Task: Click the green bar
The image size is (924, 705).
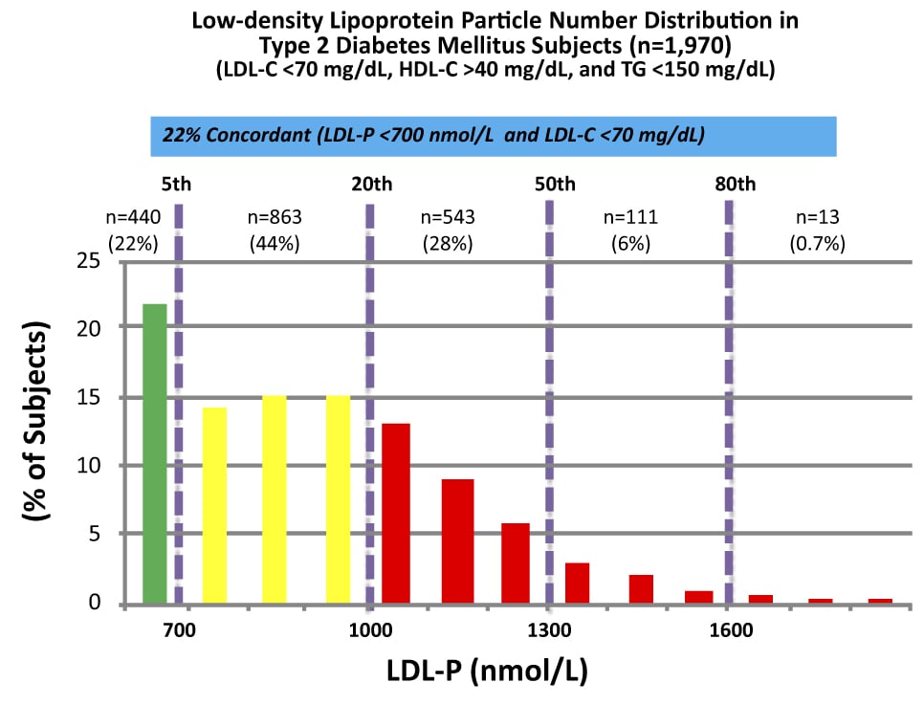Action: pyautogui.click(x=155, y=454)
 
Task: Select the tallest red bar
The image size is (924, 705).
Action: pyautogui.click(x=396, y=514)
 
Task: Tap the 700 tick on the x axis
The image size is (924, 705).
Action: pyautogui.click(x=179, y=631)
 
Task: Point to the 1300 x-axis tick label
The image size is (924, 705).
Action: pyautogui.click(x=548, y=631)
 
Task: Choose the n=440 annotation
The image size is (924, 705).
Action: pyautogui.click(x=132, y=218)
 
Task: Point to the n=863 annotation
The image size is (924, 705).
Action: pyautogui.click(x=275, y=218)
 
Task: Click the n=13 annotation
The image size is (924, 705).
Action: pyautogui.click(x=817, y=218)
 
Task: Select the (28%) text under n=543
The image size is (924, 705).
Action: pyautogui.click(x=449, y=243)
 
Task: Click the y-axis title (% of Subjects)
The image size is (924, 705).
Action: pyautogui.click(x=37, y=422)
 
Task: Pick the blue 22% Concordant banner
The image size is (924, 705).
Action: pyautogui.click(x=493, y=136)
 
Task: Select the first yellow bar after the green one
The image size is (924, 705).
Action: pyautogui.click(x=214, y=506)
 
